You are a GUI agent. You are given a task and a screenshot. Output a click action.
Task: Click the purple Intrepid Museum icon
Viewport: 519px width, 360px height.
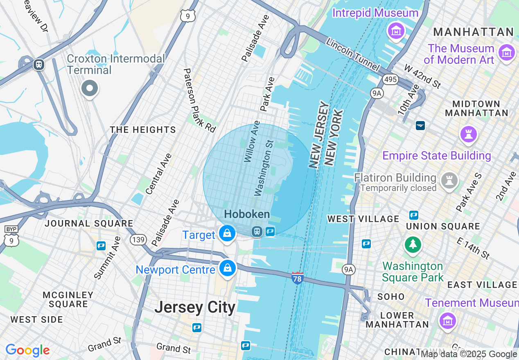[x=396, y=31]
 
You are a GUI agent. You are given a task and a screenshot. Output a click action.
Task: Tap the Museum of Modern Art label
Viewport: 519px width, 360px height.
[x=459, y=54]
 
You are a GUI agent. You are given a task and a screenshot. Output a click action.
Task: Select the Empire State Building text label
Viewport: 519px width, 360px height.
[x=436, y=156]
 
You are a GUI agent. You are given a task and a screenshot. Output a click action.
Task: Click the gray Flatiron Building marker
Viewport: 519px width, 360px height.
[x=449, y=180]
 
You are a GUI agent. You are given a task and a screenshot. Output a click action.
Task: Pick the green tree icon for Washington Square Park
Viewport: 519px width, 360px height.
[x=413, y=245]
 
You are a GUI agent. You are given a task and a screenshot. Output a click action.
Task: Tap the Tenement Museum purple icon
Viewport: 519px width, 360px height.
[x=448, y=320]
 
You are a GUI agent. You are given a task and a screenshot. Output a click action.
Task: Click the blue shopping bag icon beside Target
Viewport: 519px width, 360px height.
[x=227, y=234]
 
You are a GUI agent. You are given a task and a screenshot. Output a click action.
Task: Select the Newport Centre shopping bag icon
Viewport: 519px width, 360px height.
[x=227, y=268]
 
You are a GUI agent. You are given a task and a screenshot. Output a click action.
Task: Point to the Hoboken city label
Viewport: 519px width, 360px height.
[x=247, y=214]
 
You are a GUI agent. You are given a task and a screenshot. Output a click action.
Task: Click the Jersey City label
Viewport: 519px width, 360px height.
[x=195, y=307]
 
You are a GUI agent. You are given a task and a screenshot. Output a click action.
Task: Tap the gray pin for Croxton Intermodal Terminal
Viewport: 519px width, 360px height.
[x=89, y=88]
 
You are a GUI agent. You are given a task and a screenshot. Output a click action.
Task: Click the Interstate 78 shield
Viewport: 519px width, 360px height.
[x=297, y=278]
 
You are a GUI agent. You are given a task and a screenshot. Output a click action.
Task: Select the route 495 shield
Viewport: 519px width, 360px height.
[x=391, y=79]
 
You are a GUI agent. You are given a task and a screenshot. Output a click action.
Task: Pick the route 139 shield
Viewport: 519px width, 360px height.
[x=138, y=239]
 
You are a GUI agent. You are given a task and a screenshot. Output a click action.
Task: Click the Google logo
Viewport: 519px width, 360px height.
[x=27, y=350]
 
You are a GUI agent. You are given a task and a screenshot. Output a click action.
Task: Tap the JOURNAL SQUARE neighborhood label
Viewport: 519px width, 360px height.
[x=89, y=223]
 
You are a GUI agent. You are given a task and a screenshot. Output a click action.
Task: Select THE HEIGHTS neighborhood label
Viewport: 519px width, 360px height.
[x=143, y=130]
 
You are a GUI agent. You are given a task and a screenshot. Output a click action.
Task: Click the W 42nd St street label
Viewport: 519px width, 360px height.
[x=422, y=76]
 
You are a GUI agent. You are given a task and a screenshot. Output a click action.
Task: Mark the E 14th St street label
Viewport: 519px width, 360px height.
[x=473, y=248]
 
